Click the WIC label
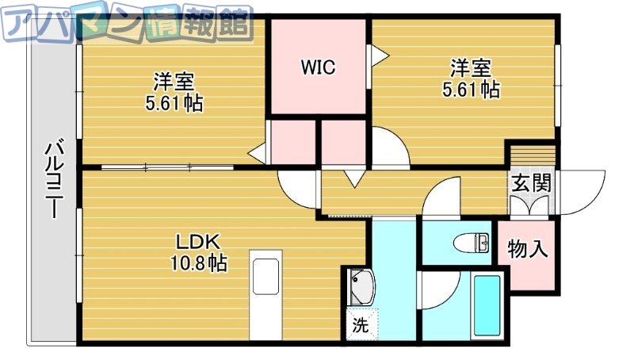click(x=318, y=67)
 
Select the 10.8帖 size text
click(x=197, y=263)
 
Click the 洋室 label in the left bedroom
click(x=174, y=82)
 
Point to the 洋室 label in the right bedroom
click(x=471, y=67)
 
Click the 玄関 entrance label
click(x=530, y=183)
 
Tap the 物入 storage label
click(x=527, y=249)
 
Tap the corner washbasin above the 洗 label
click(x=361, y=286)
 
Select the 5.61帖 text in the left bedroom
click(x=174, y=102)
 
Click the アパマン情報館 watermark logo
click(x=127, y=25)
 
